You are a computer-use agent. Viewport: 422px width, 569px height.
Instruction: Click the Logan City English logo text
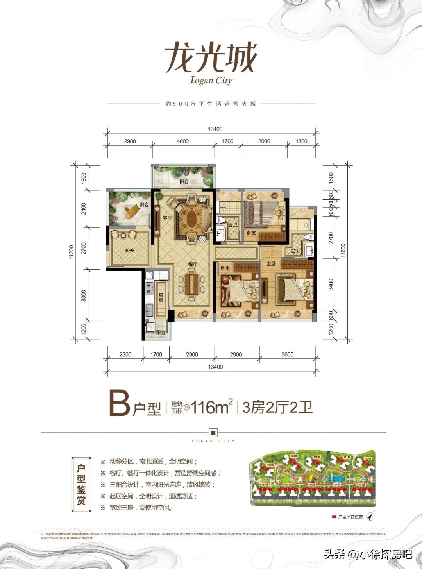[x=211, y=80]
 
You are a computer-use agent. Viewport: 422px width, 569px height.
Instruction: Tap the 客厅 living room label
[x=167, y=218]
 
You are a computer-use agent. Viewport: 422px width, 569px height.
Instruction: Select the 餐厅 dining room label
[x=193, y=264]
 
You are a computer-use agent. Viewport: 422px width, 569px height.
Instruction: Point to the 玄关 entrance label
[x=129, y=250]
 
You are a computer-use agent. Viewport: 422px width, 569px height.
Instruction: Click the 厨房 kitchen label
[x=161, y=298]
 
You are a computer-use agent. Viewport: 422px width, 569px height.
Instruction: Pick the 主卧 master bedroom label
[x=271, y=264]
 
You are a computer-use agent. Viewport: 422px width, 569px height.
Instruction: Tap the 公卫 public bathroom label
[x=233, y=225]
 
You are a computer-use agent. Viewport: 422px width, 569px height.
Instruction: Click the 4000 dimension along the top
[x=182, y=141]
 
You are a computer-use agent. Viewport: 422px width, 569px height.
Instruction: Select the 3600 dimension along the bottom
[x=287, y=355]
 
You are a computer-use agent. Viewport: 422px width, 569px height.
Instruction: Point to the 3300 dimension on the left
[x=84, y=295]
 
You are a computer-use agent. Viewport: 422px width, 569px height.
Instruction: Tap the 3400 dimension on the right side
[x=331, y=284]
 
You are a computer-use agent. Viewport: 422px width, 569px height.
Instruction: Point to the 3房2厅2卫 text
[x=277, y=408]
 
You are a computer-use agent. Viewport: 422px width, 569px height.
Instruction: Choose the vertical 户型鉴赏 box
[x=81, y=485]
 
